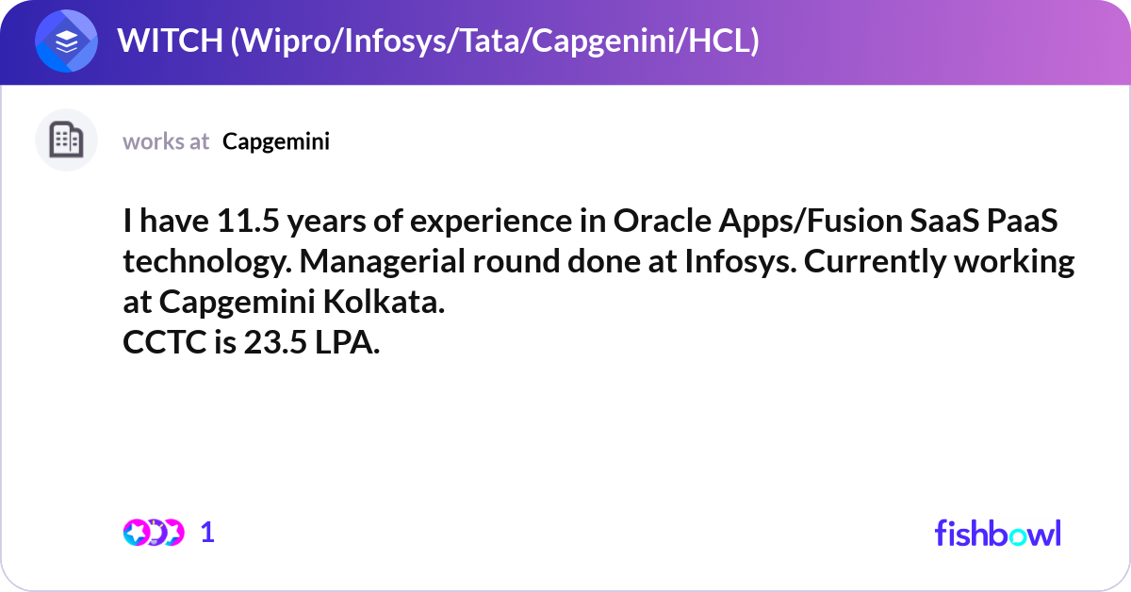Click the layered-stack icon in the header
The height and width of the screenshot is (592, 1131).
coord(67,42)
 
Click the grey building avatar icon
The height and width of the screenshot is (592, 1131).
coord(66,140)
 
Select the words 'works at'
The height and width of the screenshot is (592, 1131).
coord(166,141)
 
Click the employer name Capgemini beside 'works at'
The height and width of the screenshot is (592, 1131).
coord(276,141)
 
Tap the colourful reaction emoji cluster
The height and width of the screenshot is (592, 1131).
coord(153,533)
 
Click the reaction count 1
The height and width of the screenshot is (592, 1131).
coord(208,533)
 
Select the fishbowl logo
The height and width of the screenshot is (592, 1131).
coord(997,533)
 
